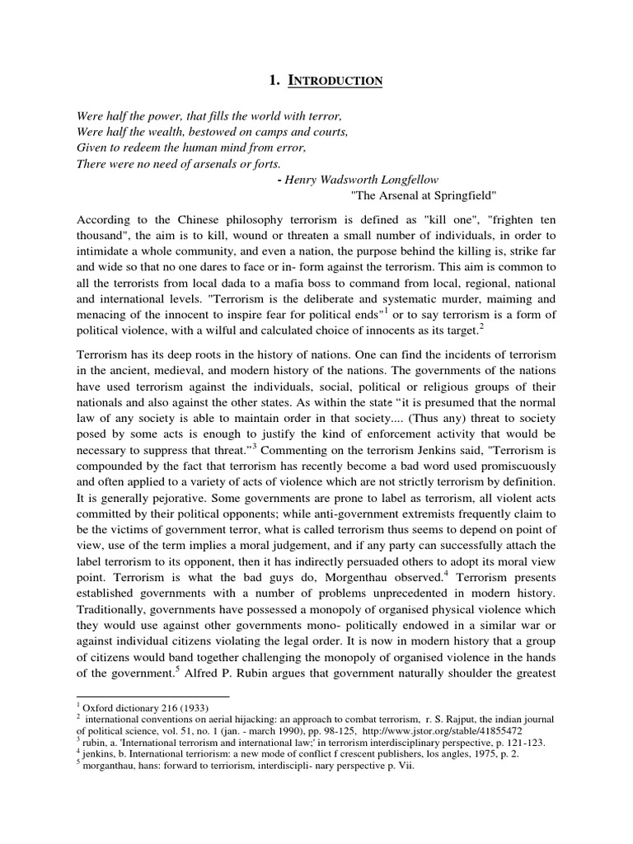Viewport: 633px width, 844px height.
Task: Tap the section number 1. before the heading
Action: pos(275,81)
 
